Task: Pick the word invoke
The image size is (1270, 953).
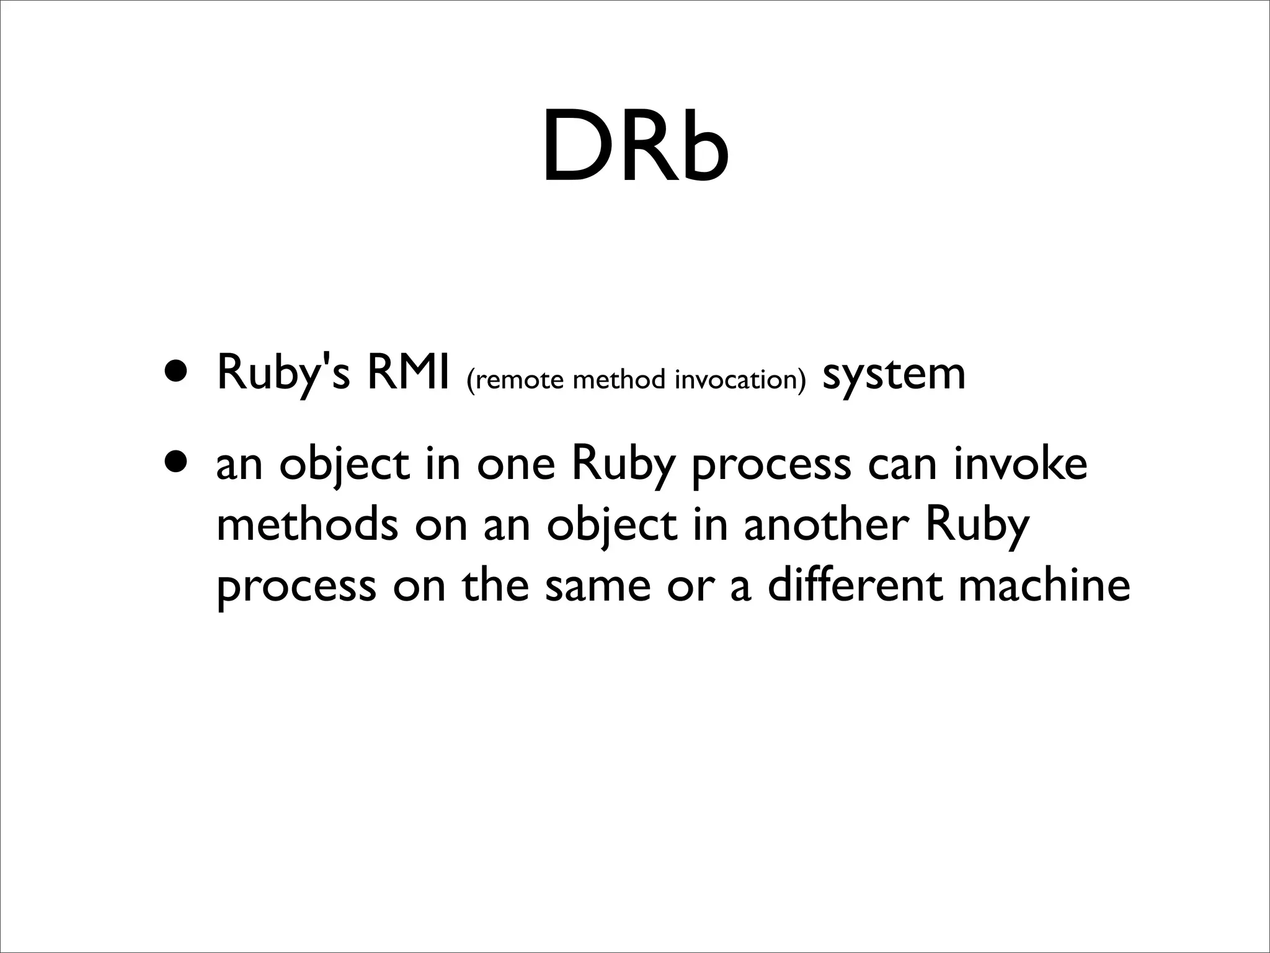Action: [x=1020, y=464]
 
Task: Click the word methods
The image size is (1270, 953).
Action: [x=307, y=525]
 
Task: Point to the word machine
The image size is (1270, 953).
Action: [x=1044, y=586]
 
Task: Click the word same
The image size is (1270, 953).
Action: [x=598, y=586]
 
